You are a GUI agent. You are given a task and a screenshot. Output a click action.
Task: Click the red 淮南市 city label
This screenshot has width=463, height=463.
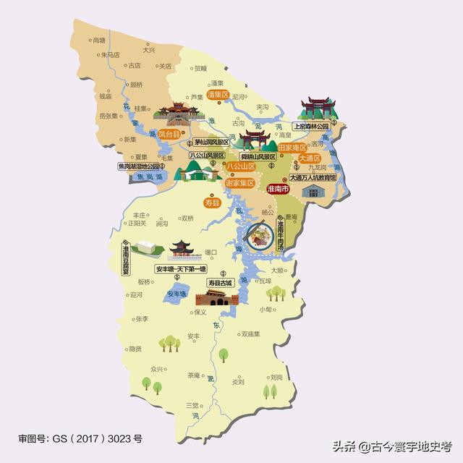(x=278, y=189)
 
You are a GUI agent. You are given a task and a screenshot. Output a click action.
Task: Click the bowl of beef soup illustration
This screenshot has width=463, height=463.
(x=258, y=233)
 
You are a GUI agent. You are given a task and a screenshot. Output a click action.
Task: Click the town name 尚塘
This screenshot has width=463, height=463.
(x=99, y=41)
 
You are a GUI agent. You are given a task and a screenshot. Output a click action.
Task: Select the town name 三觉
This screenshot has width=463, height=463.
(x=192, y=404)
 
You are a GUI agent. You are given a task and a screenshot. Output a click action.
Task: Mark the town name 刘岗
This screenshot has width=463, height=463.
(x=276, y=377)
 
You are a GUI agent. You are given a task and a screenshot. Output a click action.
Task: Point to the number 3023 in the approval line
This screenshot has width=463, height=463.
(x=119, y=438)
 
